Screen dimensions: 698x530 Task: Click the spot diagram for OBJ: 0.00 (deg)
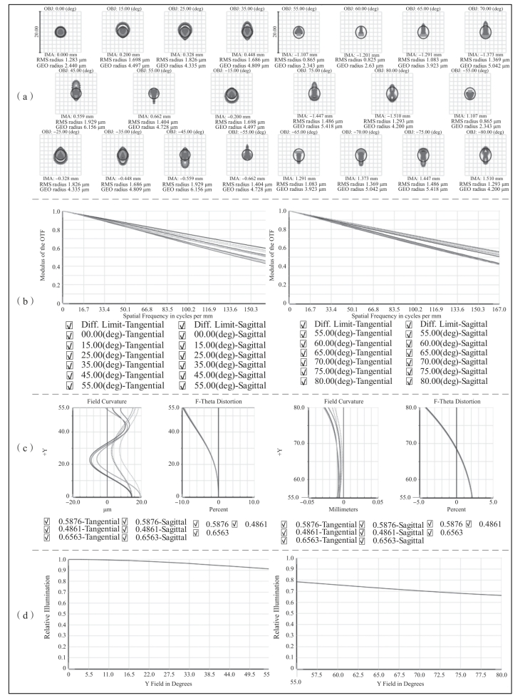61,31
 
